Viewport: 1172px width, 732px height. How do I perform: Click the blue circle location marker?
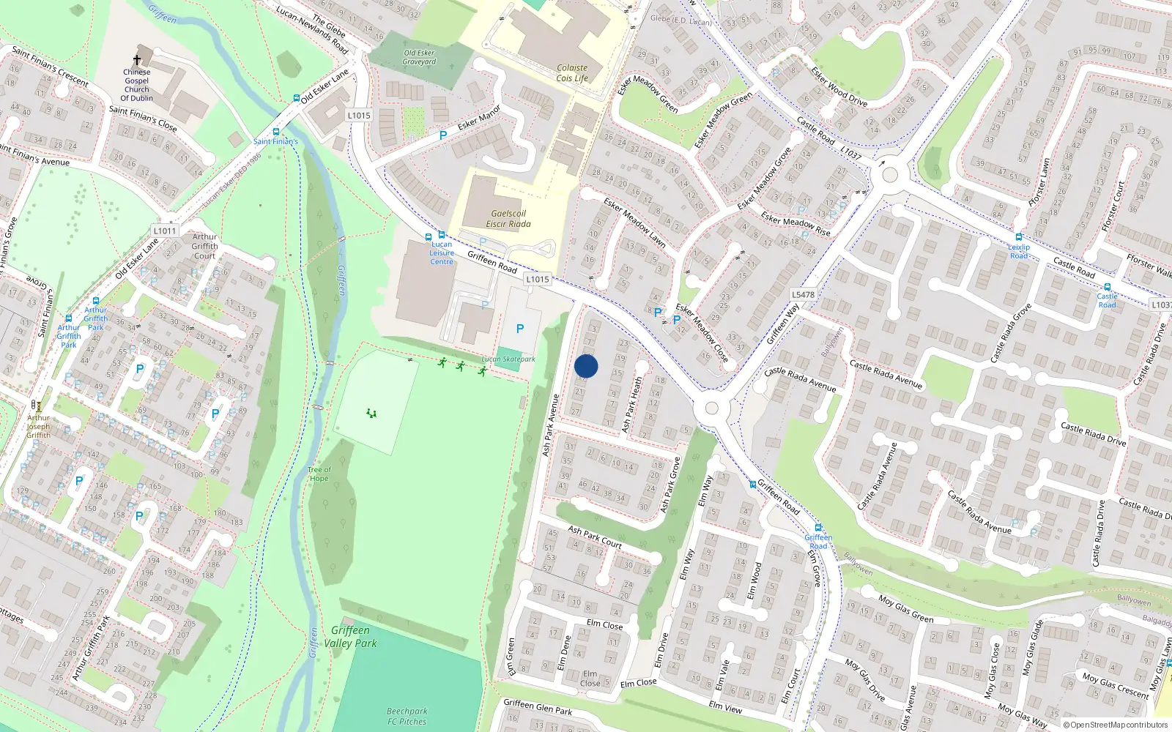[586, 366]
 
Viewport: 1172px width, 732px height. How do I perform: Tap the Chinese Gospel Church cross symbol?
[137, 60]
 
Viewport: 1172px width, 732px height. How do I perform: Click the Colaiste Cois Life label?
[572, 73]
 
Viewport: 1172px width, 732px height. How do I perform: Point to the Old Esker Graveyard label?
[419, 57]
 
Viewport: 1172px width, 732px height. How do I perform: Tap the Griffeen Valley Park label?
[350, 636]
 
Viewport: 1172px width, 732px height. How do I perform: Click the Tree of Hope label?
[319, 474]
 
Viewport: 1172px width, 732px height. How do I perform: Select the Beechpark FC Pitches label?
[407, 716]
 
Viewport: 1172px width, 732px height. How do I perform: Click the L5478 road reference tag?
[803, 294]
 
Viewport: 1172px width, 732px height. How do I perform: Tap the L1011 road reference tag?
[165, 231]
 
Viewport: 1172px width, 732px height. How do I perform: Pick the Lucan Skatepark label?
[508, 359]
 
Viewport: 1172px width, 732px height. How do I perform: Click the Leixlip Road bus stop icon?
[1018, 237]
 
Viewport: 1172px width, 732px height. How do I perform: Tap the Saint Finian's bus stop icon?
[276, 132]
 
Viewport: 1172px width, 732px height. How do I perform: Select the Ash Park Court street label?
[594, 537]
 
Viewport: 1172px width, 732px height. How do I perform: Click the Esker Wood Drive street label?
[839, 86]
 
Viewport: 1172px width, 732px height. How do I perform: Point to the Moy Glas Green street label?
[905, 608]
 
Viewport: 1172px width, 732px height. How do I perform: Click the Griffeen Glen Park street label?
[538, 706]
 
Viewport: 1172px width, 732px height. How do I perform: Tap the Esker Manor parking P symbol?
[442, 135]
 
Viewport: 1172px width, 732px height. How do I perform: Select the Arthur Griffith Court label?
[205, 246]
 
